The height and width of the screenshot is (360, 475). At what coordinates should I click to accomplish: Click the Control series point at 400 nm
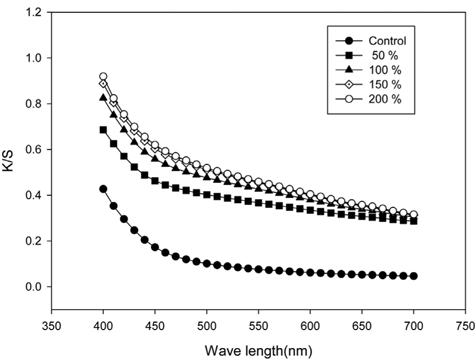pos(103,189)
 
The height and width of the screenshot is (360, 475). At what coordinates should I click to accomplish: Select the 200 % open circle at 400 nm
pos(103,77)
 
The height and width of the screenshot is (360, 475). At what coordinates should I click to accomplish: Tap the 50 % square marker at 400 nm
pos(103,130)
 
